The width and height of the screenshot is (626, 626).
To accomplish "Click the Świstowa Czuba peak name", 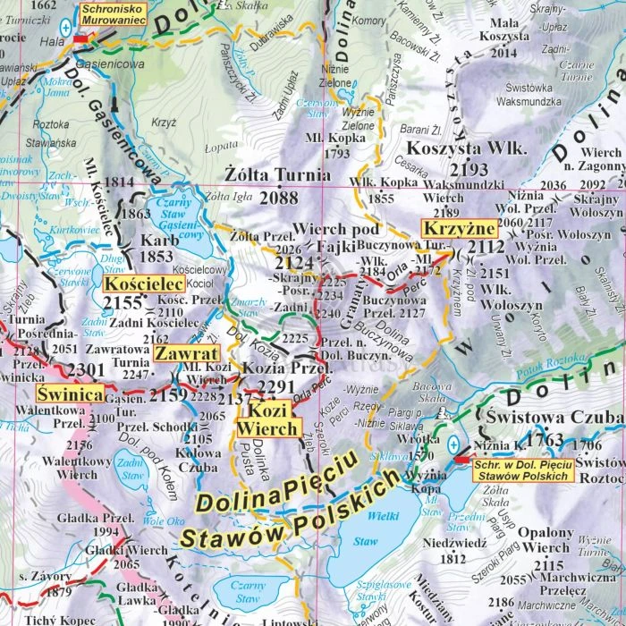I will [x=554, y=419].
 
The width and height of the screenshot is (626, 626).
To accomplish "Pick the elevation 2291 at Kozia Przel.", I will [x=275, y=386].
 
